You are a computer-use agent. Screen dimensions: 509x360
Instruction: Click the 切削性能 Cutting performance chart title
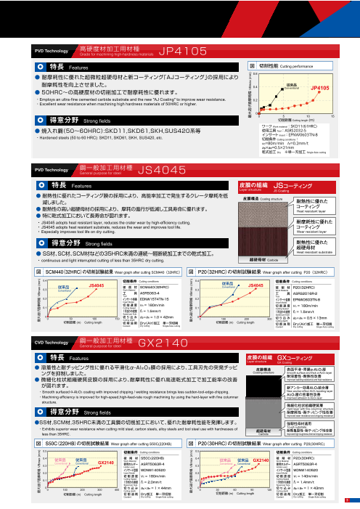(x=290, y=65)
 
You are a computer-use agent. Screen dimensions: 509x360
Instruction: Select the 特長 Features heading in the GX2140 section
(x=55, y=358)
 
